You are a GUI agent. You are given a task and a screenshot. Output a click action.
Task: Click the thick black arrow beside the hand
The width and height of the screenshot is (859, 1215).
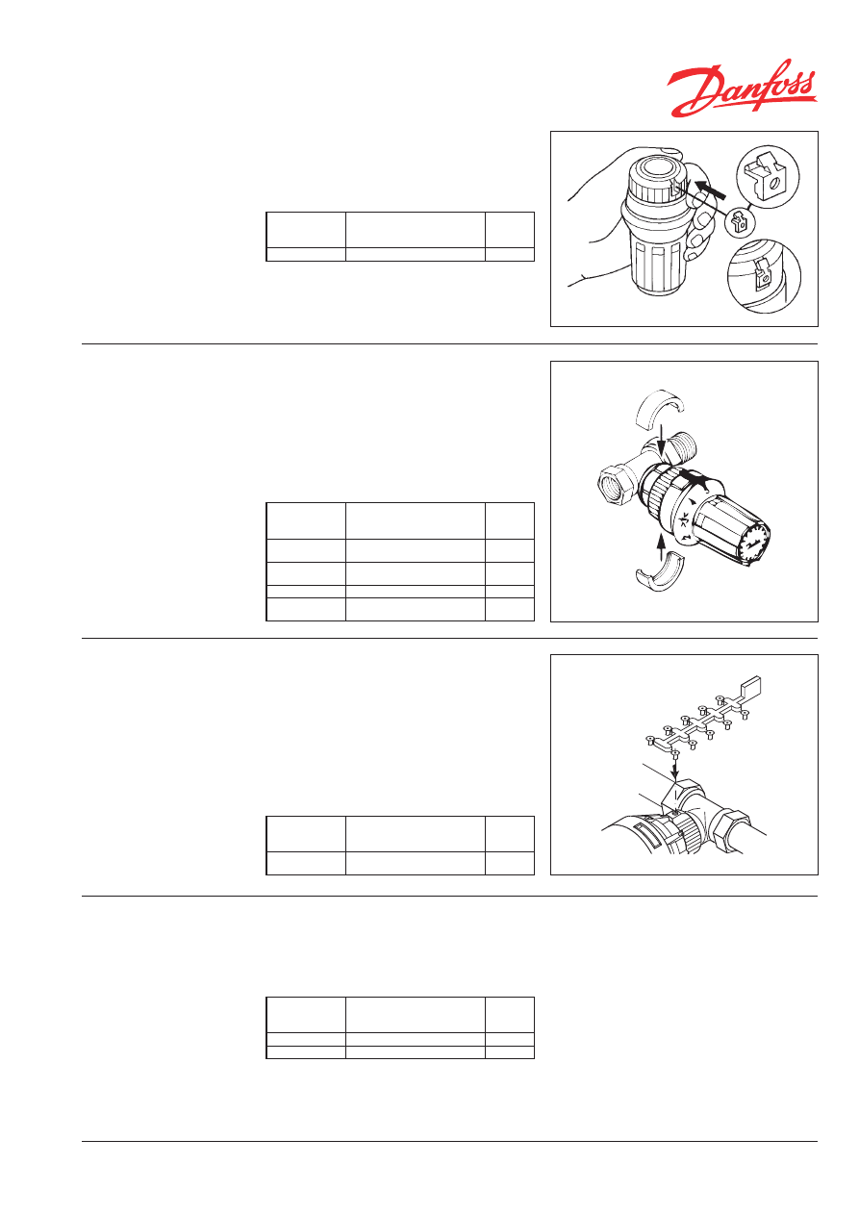(x=711, y=190)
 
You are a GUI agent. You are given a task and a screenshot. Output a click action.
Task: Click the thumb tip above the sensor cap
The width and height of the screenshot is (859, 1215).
(x=675, y=152)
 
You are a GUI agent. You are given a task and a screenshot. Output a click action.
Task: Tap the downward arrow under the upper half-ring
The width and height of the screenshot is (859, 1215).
(x=662, y=441)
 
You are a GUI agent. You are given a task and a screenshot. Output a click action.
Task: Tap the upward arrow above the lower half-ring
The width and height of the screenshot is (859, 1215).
(x=661, y=547)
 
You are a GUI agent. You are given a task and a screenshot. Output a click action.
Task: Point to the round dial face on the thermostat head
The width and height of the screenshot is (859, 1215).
(x=754, y=544)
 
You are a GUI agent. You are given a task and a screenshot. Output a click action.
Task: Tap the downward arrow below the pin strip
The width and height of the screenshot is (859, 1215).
(x=675, y=767)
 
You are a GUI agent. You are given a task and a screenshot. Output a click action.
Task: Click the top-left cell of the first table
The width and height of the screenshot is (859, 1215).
(x=306, y=230)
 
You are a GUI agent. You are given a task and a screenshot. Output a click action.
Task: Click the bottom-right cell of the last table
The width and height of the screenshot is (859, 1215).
(x=510, y=1051)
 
